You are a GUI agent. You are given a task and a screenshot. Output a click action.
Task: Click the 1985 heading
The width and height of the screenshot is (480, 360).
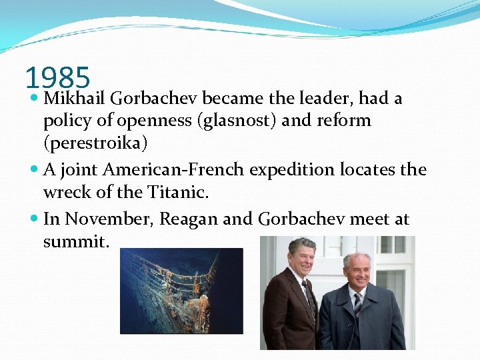click(57, 78)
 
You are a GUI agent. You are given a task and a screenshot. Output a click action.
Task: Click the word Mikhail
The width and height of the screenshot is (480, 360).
click(75, 99)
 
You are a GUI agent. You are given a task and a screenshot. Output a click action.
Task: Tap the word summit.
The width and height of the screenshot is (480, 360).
click(75, 241)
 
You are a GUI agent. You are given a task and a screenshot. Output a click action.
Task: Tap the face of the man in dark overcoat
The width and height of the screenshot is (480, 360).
click(359, 269)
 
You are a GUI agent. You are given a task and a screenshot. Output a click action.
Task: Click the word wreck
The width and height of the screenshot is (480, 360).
click(64, 193)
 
